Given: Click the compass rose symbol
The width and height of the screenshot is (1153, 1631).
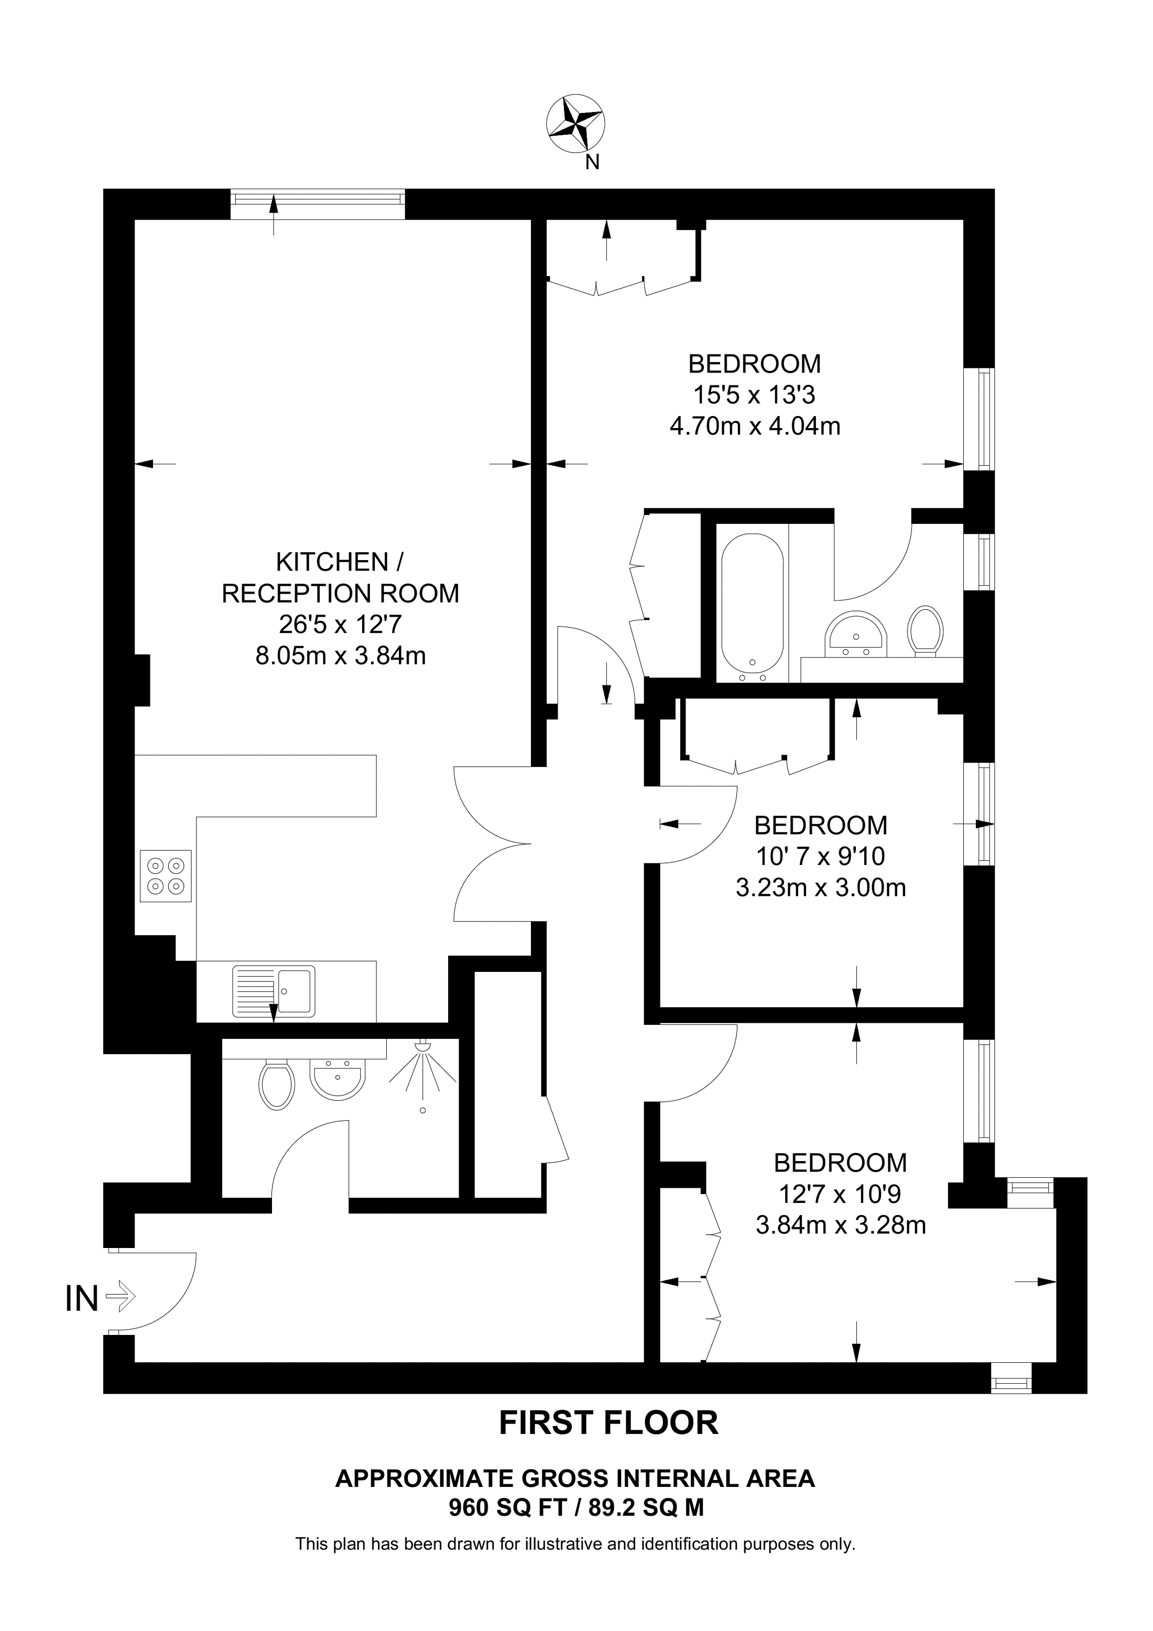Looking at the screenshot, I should [575, 124].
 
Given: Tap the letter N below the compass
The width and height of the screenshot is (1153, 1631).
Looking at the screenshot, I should [592, 162].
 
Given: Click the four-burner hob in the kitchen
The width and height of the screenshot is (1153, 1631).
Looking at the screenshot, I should [166, 876].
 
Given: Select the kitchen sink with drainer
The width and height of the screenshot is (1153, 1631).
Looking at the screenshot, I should [274, 990].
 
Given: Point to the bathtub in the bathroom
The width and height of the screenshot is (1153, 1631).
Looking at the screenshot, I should [752, 603].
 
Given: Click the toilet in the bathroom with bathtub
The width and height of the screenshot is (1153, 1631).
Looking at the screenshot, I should [926, 629].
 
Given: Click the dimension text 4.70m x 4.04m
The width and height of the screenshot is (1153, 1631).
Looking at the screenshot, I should [755, 426].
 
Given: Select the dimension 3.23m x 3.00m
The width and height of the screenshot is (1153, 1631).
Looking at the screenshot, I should [821, 888].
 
